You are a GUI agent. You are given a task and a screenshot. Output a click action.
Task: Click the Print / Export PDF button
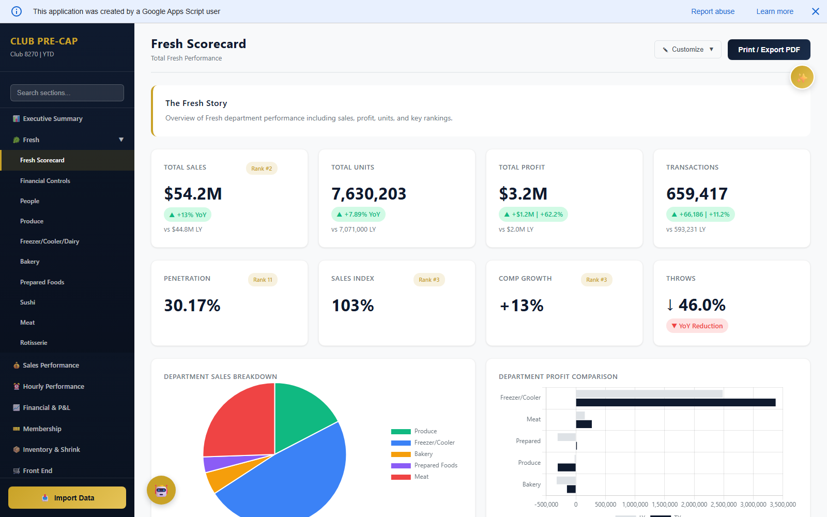(769, 50)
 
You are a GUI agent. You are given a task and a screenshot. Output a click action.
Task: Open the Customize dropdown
(687, 50)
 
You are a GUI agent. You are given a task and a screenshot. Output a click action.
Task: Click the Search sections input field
(67, 93)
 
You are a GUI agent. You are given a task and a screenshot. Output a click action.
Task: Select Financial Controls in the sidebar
(45, 181)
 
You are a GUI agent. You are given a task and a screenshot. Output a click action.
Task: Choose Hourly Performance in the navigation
(53, 386)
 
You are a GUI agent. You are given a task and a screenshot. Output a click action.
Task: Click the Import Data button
(67, 498)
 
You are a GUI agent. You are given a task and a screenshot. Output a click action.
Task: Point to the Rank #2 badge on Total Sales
(262, 169)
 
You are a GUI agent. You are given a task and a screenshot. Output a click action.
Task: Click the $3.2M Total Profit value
(523, 194)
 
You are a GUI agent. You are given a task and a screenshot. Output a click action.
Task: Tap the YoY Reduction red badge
(697, 326)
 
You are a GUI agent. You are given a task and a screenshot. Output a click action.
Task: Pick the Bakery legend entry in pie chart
(423, 454)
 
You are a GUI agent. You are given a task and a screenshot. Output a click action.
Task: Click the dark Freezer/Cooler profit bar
(675, 402)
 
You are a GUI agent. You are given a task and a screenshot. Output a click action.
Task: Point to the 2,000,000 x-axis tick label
(694, 505)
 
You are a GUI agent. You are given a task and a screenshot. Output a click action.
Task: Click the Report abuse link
(713, 11)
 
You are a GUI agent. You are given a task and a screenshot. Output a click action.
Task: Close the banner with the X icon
(816, 11)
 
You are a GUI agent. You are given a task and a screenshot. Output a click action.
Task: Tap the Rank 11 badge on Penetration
(263, 280)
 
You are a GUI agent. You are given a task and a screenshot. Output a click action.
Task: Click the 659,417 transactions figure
(697, 194)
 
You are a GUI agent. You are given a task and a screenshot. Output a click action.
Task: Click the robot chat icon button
(161, 490)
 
